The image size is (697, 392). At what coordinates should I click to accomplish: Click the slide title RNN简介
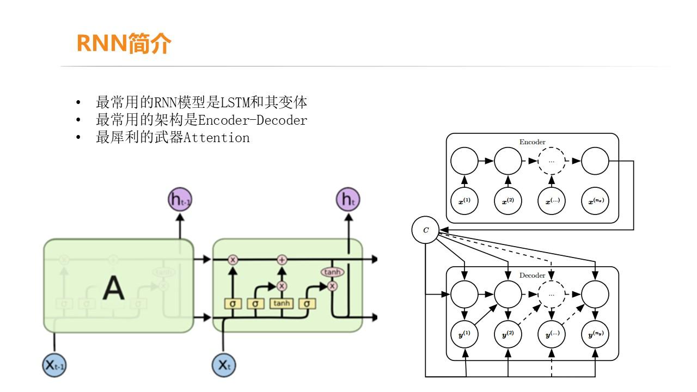coord(124,43)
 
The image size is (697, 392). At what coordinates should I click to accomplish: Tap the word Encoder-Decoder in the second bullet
coord(253,120)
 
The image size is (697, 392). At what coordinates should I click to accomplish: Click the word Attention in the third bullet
coord(217,138)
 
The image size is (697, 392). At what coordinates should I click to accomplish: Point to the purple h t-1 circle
coord(180,200)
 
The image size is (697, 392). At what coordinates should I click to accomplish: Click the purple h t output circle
coord(348,200)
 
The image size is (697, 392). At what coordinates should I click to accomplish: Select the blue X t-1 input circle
coord(54,365)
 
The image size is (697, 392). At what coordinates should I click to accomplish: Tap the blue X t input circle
coord(223,365)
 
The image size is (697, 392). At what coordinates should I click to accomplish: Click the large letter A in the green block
coord(113,288)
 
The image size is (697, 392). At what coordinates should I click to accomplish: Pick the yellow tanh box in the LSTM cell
coord(282,303)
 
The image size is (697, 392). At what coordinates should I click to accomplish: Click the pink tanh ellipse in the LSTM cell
coord(332,272)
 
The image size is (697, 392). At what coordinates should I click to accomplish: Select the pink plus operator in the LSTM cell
coord(282,260)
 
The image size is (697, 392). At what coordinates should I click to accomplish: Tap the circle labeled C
coord(425,230)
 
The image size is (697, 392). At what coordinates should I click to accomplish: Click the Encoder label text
coord(532,142)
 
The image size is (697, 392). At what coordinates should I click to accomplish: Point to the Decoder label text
coord(532,275)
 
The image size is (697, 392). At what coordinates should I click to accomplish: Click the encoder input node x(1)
coord(464,201)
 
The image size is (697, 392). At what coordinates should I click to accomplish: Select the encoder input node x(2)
coord(508,201)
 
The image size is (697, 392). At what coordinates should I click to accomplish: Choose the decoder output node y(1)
coord(464,335)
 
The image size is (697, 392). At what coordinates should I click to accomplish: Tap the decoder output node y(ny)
coord(595,335)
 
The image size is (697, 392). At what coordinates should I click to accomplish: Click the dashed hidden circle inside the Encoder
coord(551,161)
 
